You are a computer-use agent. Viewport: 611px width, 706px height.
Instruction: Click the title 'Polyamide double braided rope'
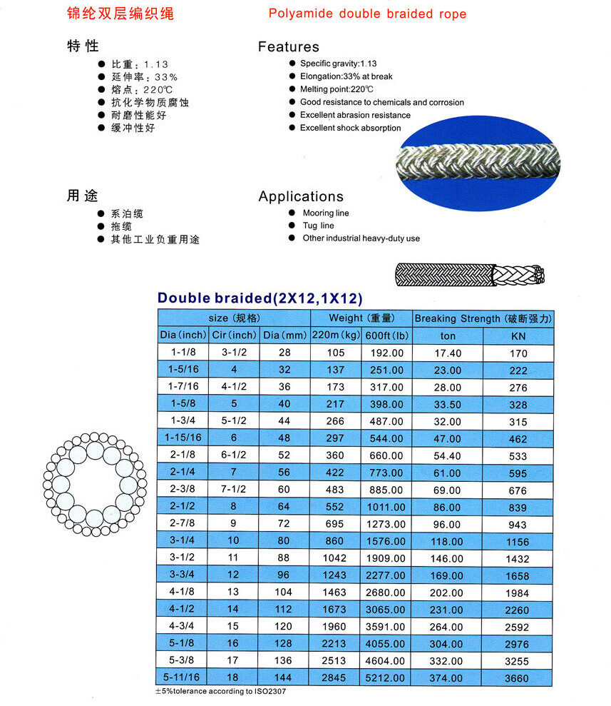click(x=367, y=14)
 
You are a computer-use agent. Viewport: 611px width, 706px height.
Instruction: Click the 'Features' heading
click(x=288, y=47)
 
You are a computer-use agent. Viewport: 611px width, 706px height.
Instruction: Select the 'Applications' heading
click(x=300, y=196)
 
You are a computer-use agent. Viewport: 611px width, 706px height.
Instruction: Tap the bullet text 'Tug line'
click(x=318, y=226)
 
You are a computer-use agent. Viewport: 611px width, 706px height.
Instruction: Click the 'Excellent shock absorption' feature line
click(x=350, y=128)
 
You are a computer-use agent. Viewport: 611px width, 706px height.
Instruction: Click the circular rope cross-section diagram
click(x=92, y=483)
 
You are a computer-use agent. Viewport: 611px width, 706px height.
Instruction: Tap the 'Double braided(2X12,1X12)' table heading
click(x=260, y=298)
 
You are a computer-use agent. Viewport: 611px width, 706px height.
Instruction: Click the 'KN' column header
click(x=518, y=336)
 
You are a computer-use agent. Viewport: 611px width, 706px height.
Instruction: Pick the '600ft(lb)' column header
click(x=386, y=336)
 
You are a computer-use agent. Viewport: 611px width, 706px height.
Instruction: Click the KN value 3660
click(x=518, y=679)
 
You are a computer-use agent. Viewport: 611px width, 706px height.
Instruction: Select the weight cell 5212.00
click(x=386, y=678)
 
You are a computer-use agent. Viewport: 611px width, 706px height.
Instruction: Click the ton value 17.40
click(x=448, y=353)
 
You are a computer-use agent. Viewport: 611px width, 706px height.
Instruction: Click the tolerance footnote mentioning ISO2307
click(x=222, y=692)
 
